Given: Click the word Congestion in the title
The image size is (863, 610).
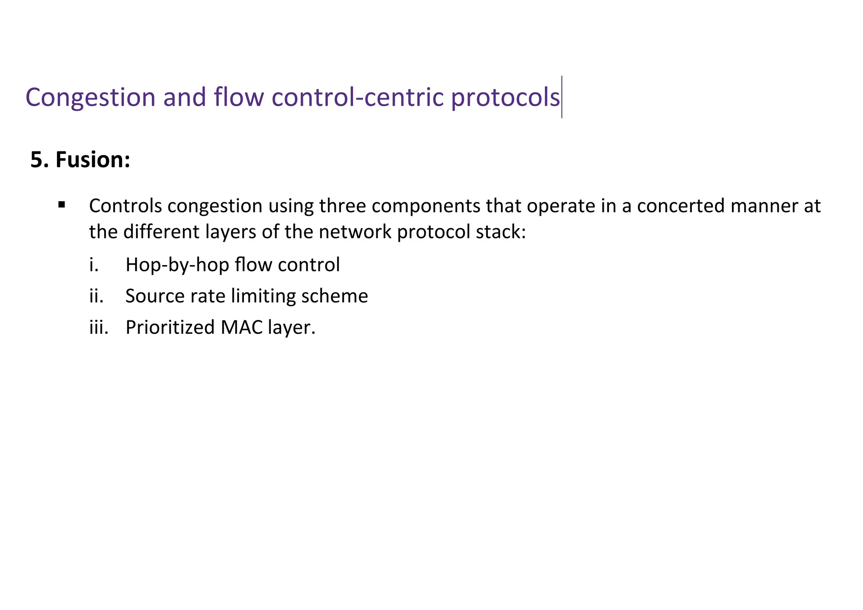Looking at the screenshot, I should [91, 98].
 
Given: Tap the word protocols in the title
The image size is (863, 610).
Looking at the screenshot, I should [505, 98].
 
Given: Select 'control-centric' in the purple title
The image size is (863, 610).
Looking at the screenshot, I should [358, 97].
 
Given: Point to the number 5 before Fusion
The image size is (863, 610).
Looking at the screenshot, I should [37, 160].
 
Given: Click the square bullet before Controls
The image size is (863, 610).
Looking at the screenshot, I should [62, 205].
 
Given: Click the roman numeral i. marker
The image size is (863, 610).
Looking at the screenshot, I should [94, 265].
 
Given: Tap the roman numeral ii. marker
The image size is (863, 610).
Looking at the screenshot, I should [96, 296].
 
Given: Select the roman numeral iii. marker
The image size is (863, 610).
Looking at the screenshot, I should [99, 327].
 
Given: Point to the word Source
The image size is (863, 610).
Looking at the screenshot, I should [154, 296].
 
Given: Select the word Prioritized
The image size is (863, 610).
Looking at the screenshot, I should [170, 327].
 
